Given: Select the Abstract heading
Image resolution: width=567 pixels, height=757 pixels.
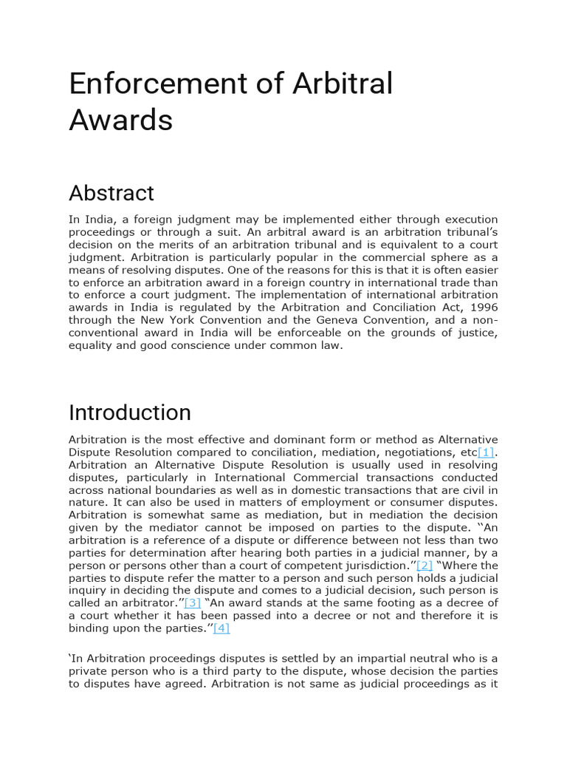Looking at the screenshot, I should [x=111, y=193].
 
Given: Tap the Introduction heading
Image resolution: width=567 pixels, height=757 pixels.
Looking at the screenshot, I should [x=130, y=412].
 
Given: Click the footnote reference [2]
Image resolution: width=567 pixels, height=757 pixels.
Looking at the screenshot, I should [x=425, y=566].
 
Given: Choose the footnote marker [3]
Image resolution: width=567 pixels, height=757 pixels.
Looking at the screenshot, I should [x=193, y=603].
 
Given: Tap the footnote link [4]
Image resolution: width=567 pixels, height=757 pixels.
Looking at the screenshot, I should [x=221, y=628].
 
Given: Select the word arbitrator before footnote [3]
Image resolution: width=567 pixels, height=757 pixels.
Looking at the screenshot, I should [x=155, y=603].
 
